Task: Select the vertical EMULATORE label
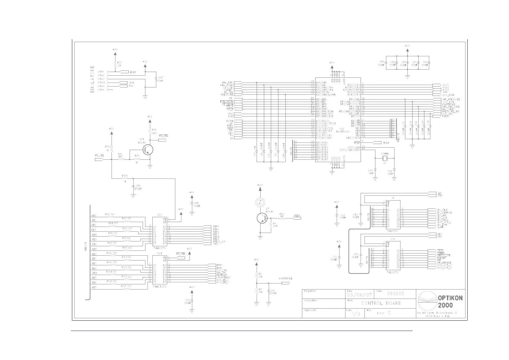tap(92, 79)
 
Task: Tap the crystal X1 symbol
tap(385, 158)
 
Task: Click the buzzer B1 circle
tap(260, 203)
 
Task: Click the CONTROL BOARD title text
tap(381, 303)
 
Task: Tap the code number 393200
tap(395, 293)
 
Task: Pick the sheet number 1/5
tap(356, 314)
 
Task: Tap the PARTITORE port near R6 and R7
tap(285, 283)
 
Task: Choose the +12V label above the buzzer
tap(260, 185)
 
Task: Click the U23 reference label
tap(159, 215)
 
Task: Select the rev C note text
tap(384, 313)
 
